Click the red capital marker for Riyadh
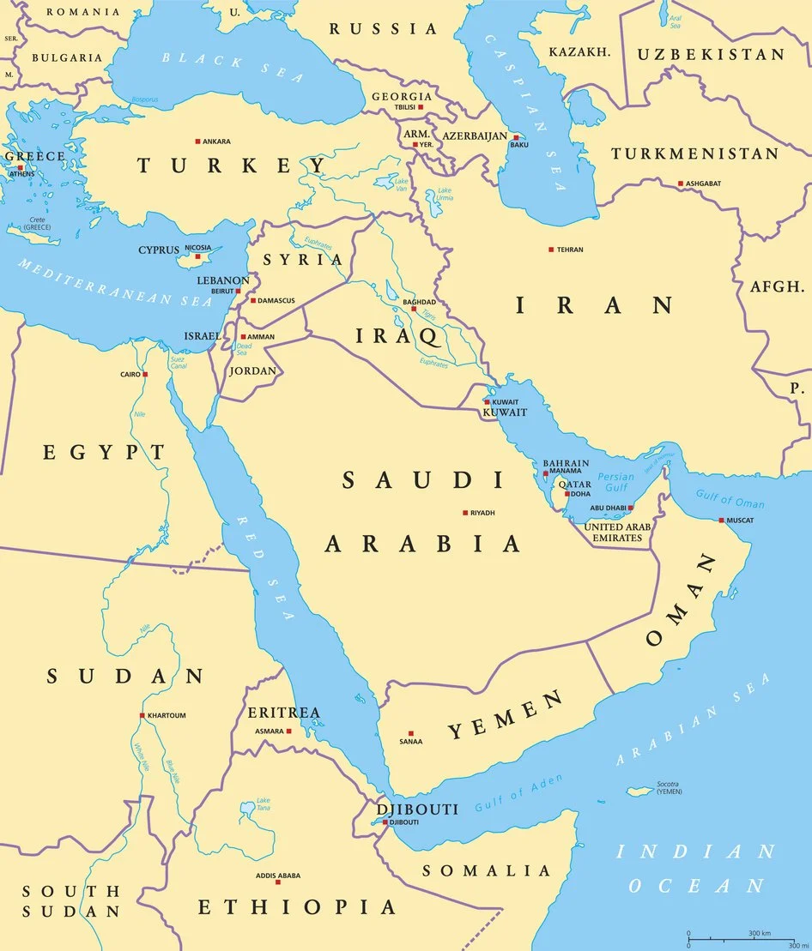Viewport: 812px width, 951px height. [465, 513]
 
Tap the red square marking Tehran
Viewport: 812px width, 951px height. [551, 250]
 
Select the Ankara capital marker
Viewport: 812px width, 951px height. [197, 141]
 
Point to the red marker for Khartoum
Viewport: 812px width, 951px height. [142, 715]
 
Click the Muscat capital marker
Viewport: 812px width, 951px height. [722, 521]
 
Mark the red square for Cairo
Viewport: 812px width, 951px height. [146, 374]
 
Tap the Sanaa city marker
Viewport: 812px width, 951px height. [410, 733]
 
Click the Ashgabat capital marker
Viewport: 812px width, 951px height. [680, 184]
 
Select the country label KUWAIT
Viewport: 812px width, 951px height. [505, 412]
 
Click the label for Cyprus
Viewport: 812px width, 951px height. [159, 250]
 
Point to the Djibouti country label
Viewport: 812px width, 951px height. [417, 809]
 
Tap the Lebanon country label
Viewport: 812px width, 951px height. [222, 280]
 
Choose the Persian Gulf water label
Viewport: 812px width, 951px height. [615, 483]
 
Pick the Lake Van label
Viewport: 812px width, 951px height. [401, 183]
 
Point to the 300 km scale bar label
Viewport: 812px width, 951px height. [759, 932]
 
